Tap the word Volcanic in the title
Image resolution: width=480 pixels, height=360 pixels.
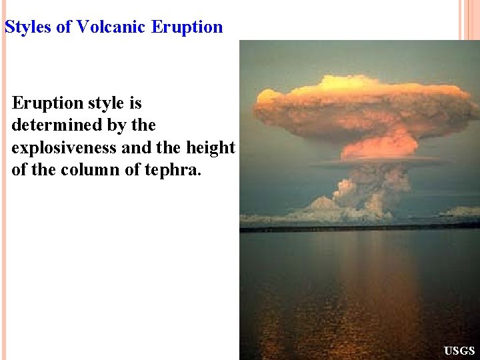coord(112,27)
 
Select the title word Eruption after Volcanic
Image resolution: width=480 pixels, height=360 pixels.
coord(187,27)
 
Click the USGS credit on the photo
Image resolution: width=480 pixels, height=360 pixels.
coord(459,351)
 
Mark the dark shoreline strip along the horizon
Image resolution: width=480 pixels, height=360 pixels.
coord(360,228)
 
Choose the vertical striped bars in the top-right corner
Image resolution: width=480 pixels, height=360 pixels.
coord(469,20)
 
